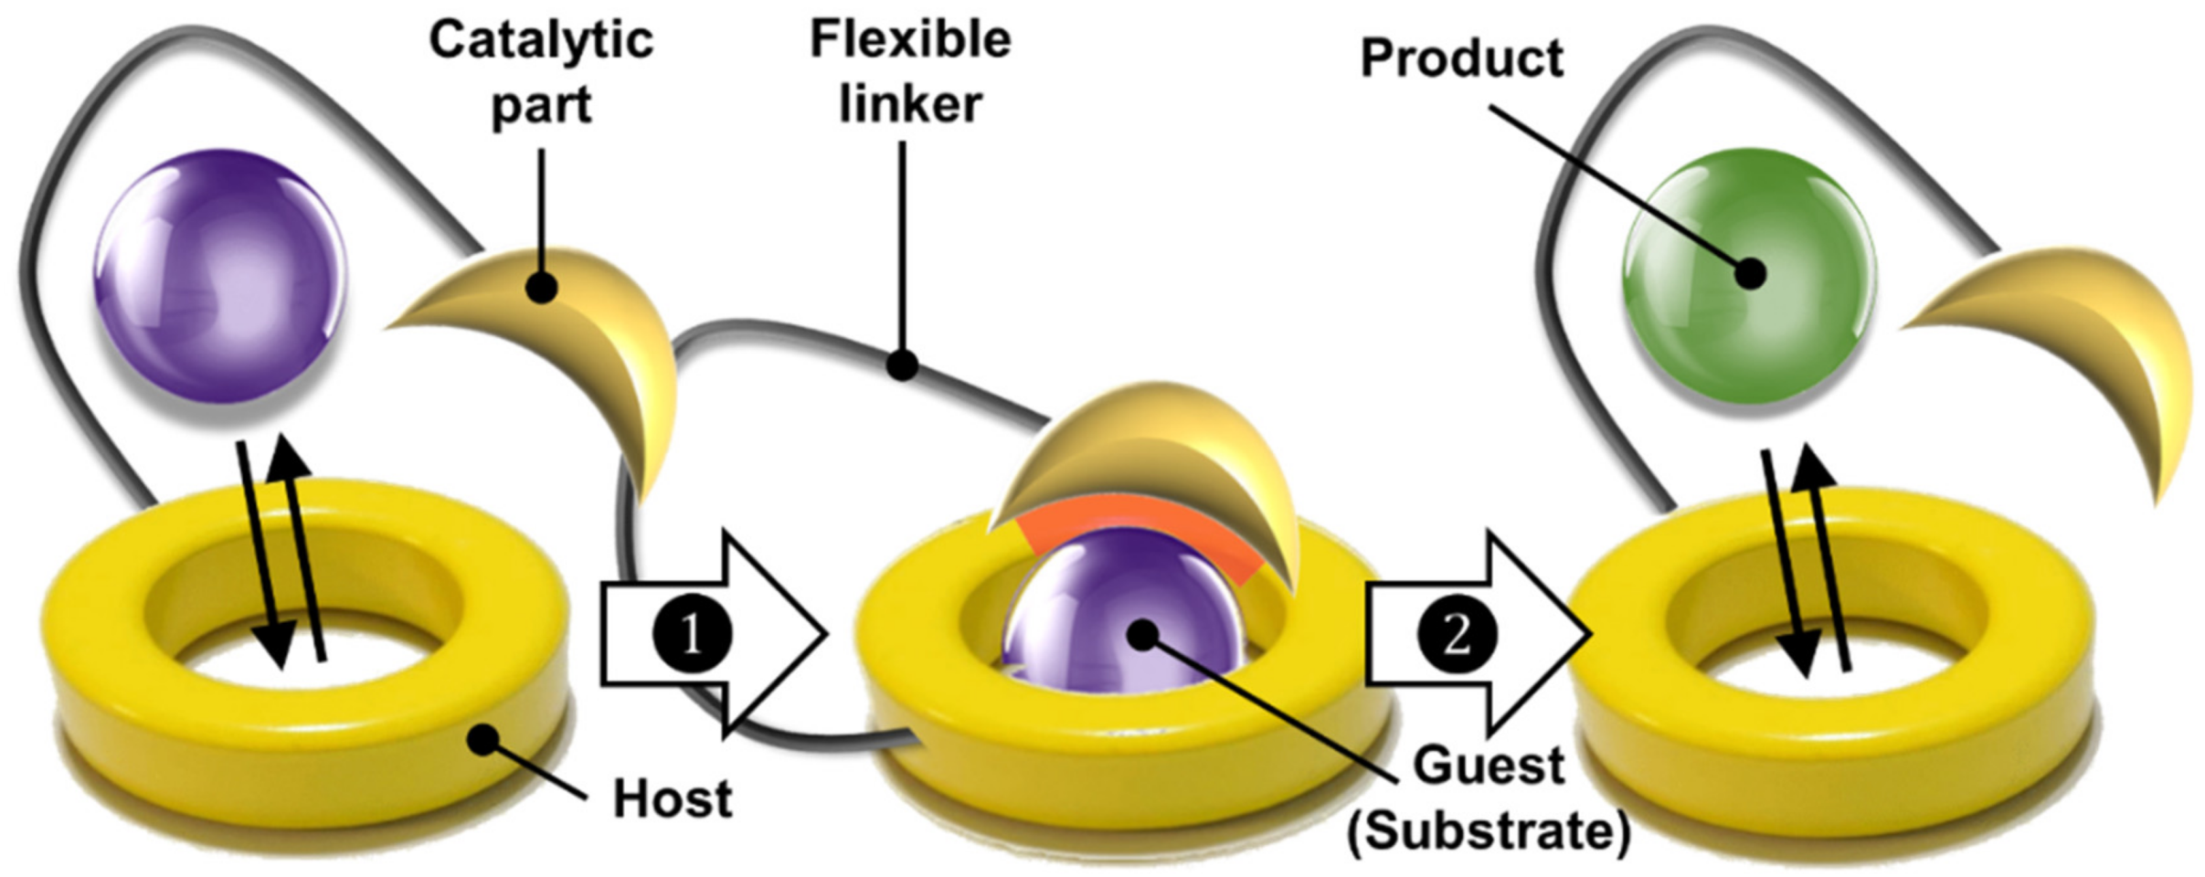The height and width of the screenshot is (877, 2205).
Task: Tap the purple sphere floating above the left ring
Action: (221, 274)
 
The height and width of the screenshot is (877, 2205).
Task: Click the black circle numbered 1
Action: (691, 633)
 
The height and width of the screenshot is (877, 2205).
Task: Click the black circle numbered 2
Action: (1457, 633)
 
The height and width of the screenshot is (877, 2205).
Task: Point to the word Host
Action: (672, 798)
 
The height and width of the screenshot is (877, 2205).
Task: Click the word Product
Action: (1461, 58)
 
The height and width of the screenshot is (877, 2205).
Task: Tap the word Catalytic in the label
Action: (541, 41)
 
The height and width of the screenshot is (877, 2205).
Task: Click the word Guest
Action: (1489, 765)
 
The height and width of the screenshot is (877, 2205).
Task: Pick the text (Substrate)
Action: (1489, 830)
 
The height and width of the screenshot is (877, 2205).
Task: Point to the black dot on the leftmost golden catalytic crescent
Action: (541, 289)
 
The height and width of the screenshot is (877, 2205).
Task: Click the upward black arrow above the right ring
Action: (1828, 557)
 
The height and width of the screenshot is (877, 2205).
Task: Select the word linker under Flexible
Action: (910, 104)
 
